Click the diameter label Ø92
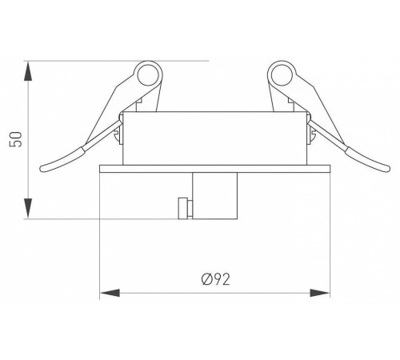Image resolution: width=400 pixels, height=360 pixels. point(216,278)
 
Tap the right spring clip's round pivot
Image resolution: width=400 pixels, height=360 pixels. point(281,77)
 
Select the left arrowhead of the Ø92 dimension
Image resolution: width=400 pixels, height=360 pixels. point(105,294)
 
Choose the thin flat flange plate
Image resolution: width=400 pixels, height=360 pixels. point(214,170)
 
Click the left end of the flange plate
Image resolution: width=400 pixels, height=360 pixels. point(100,170)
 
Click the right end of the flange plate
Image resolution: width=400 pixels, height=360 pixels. point(328,170)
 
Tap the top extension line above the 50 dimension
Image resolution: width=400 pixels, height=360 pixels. point(120,60)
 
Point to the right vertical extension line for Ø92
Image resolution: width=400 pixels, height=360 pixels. point(330,240)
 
